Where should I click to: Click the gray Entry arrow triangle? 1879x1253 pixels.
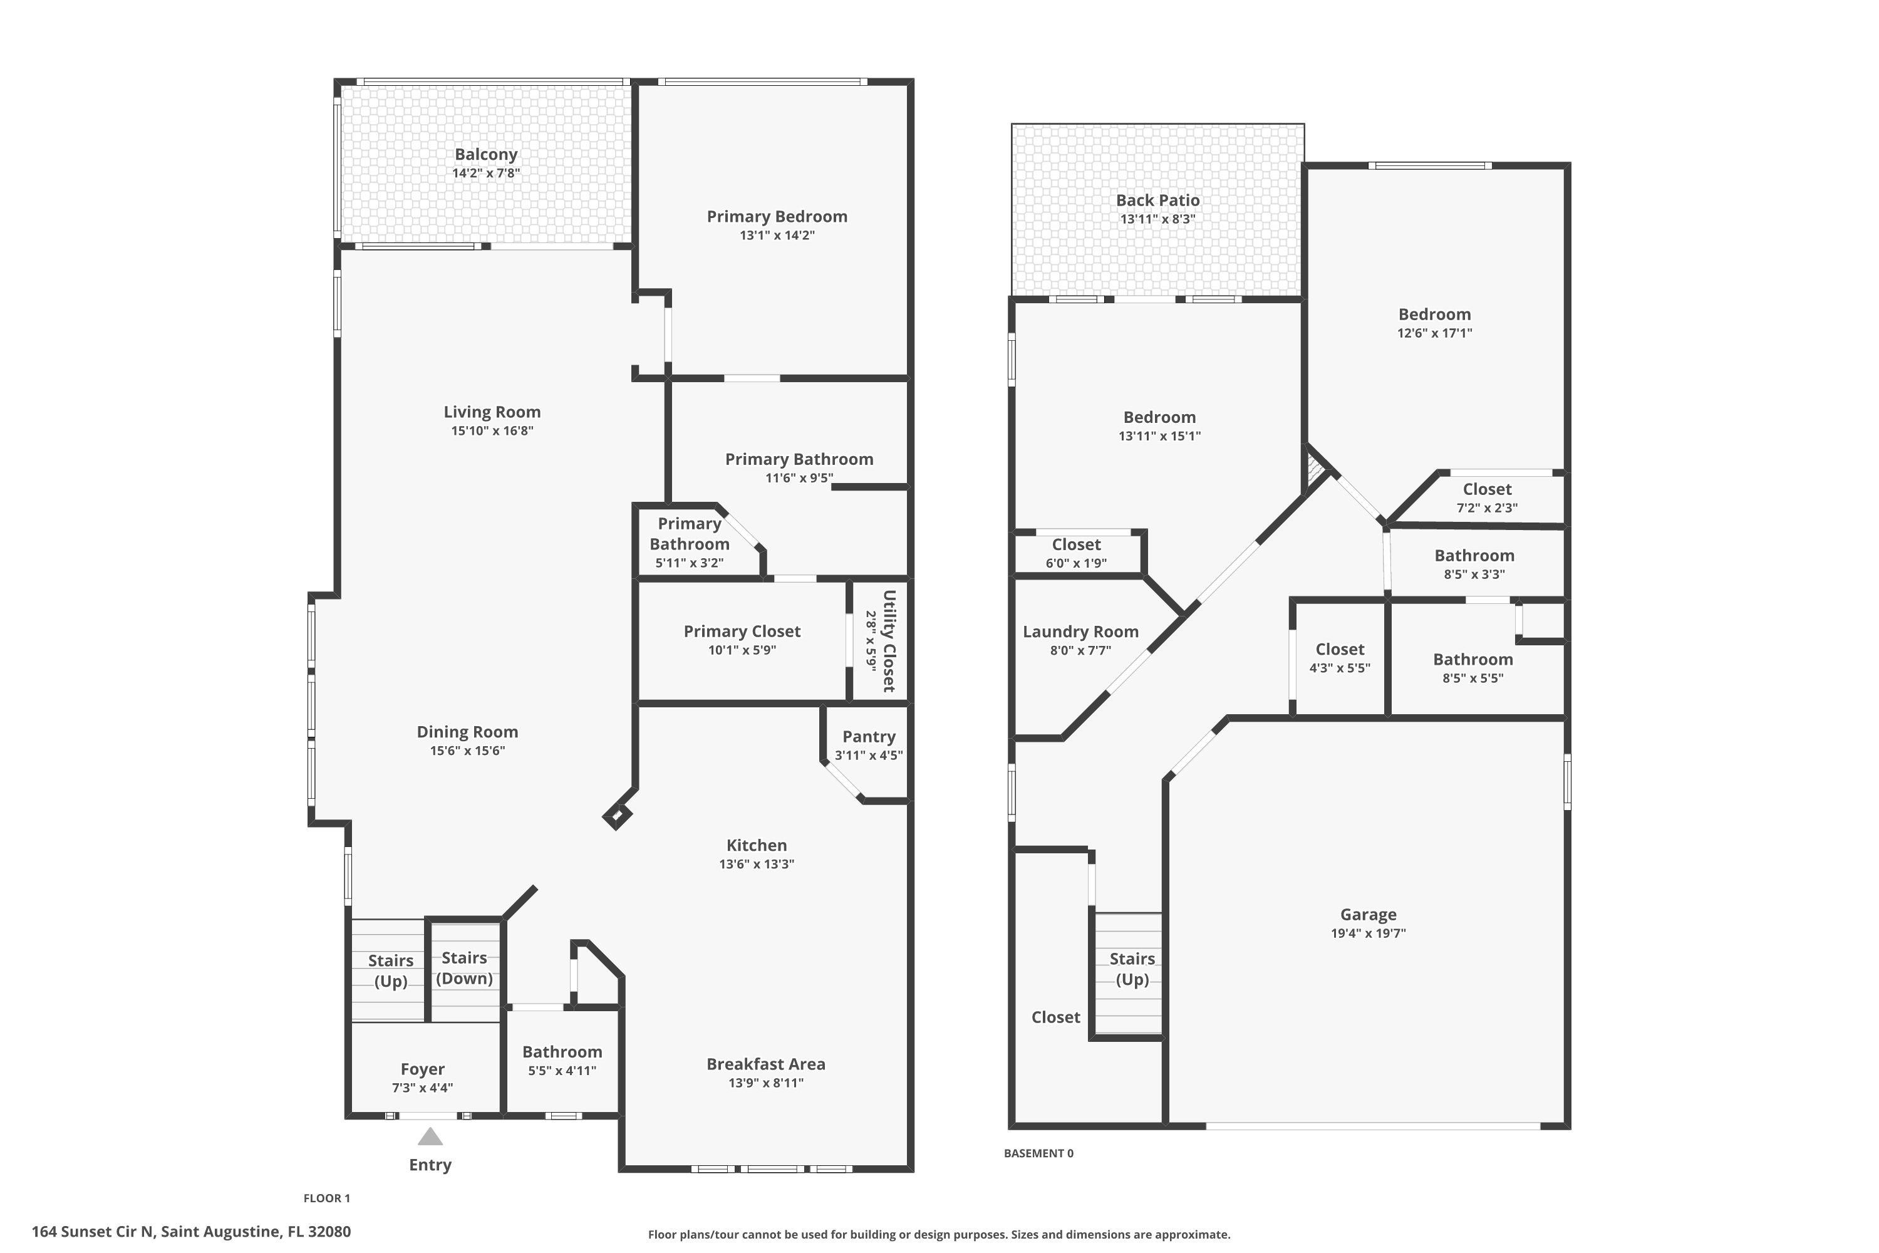point(430,1136)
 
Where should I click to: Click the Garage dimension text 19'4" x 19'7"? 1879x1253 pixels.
point(1368,933)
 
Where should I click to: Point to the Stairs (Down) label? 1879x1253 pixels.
point(464,968)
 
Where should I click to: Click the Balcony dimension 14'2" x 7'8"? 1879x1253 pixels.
point(486,174)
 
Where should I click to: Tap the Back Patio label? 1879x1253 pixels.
point(1157,200)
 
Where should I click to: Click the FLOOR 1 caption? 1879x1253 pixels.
point(327,1198)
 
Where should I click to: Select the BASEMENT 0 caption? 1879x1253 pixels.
point(1038,1153)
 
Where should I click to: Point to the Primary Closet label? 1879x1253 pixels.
point(742,632)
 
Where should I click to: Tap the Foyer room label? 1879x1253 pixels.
point(423,1069)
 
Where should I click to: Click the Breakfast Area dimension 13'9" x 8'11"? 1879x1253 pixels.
point(765,1083)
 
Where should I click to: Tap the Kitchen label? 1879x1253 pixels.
point(757,845)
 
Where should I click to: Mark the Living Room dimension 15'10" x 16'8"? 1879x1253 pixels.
point(492,432)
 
